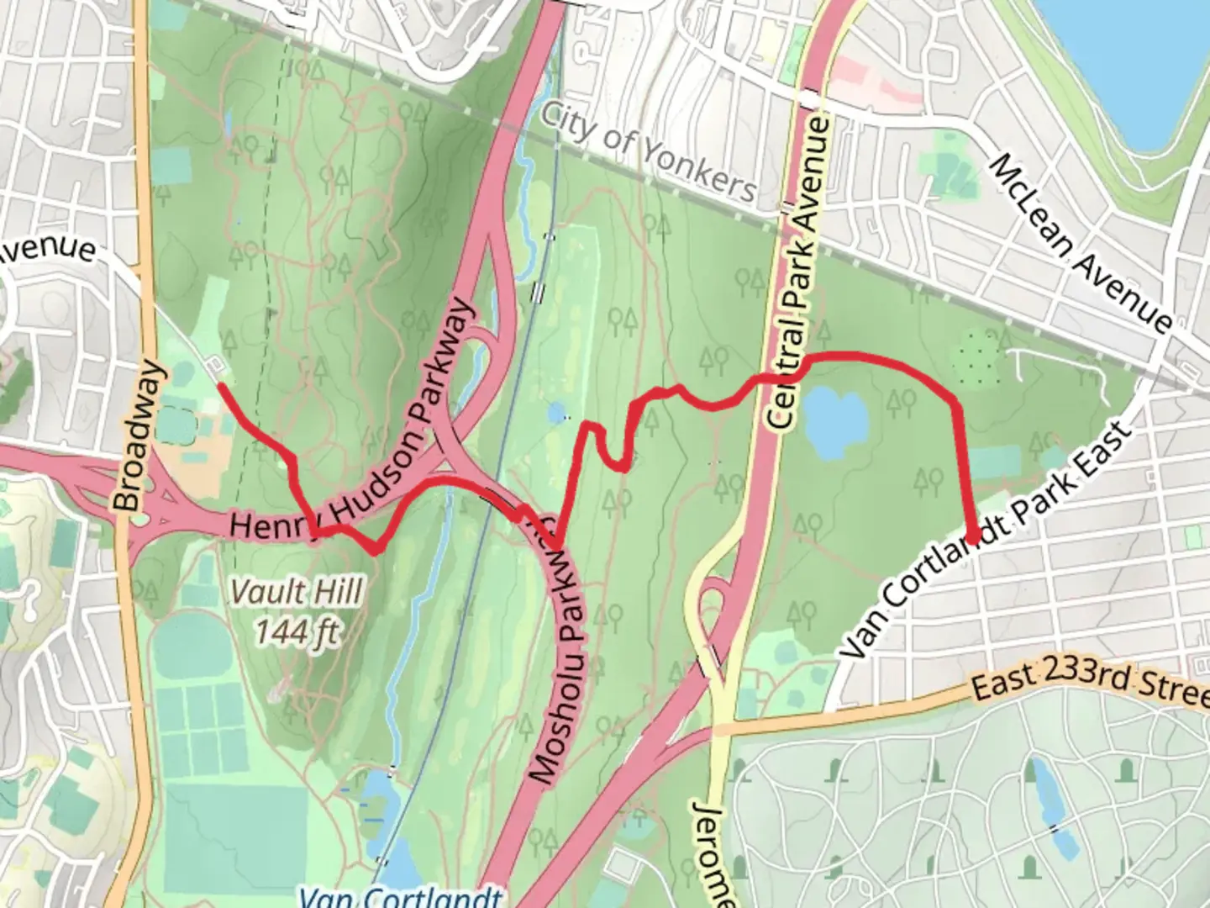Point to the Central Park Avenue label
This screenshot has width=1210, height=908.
pyautogui.click(x=798, y=273)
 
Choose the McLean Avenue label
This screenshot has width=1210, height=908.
pyautogui.click(x=1081, y=243)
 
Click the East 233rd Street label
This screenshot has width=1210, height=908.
pyautogui.click(x=1089, y=681)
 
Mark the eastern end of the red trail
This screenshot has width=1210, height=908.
pyautogui.click(x=972, y=538)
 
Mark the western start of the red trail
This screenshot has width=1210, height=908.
pyautogui.click(x=220, y=385)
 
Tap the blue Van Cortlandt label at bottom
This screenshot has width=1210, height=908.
pyautogui.click(x=402, y=896)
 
